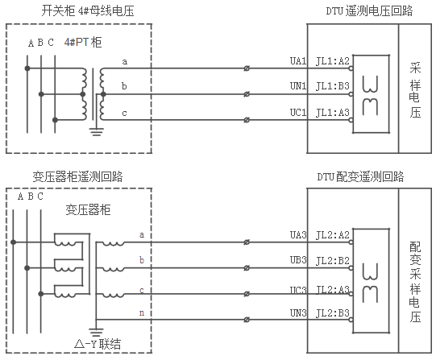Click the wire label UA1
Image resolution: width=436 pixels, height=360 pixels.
(x=298, y=61)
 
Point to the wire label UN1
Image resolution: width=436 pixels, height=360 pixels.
(x=298, y=85)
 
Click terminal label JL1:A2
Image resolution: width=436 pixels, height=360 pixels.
(x=333, y=61)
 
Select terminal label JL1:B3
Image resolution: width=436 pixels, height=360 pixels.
(x=333, y=85)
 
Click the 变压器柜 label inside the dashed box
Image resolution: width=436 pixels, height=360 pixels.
(x=89, y=209)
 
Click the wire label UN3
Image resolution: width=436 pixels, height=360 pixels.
(x=298, y=312)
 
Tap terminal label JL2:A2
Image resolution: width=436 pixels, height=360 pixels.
(x=333, y=234)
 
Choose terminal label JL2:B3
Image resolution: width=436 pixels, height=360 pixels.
(x=333, y=312)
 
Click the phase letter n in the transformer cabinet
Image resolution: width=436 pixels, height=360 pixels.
(x=142, y=312)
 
